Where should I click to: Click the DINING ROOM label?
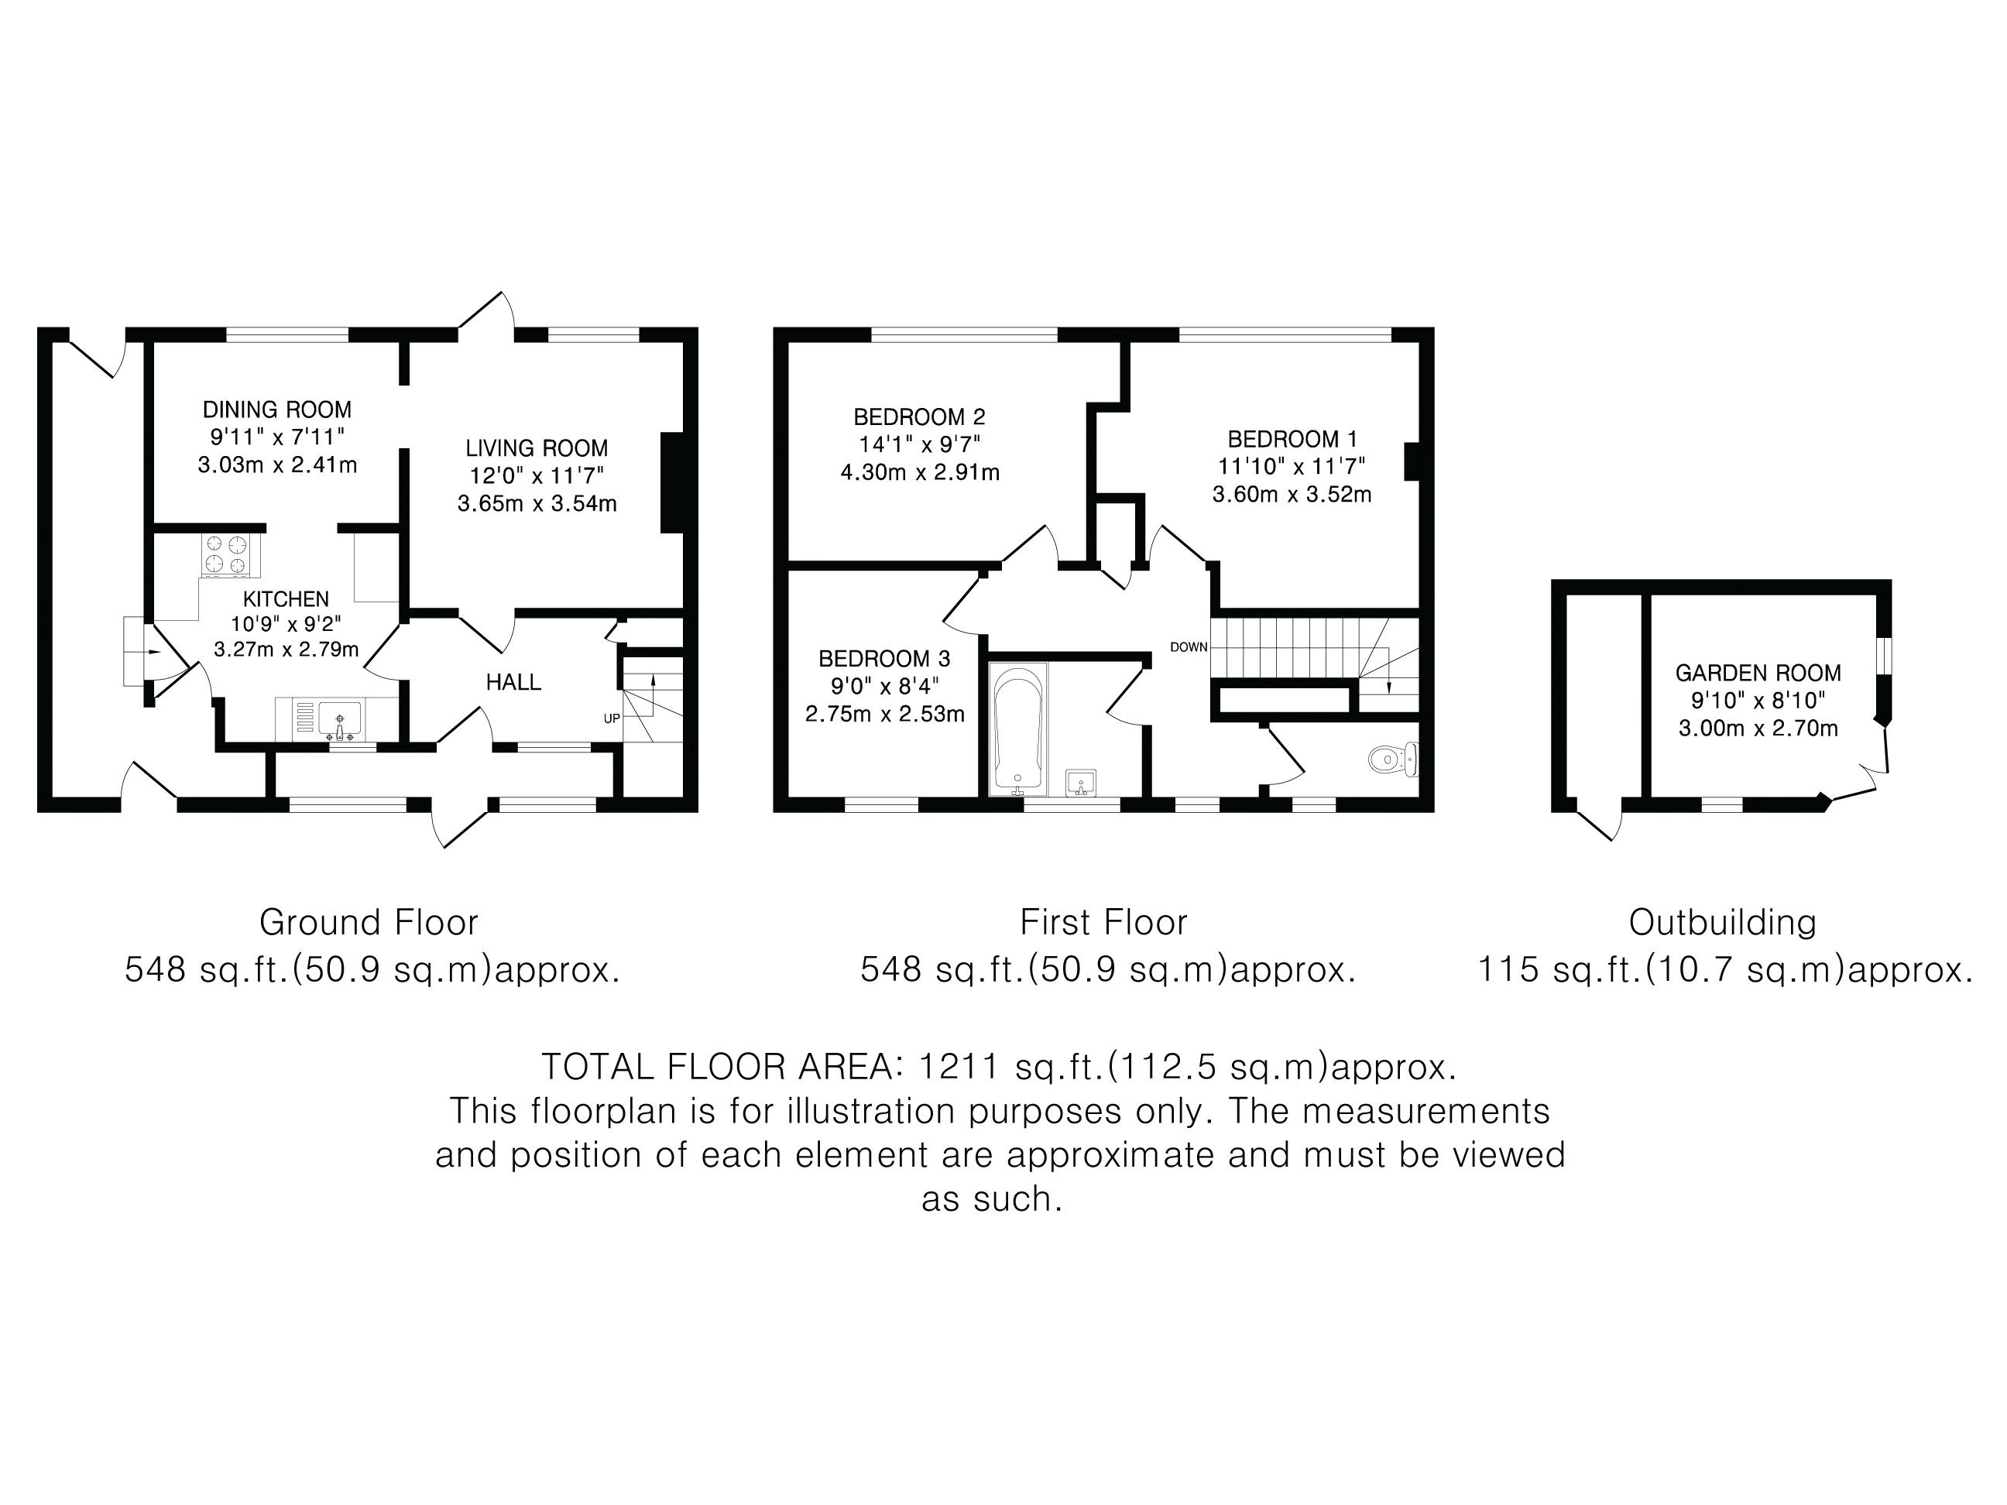[276, 410]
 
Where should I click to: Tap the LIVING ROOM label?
[537, 448]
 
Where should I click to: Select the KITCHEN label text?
[286, 598]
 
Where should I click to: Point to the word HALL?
[513, 682]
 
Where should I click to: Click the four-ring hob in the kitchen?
[227, 555]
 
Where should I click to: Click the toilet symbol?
[1393, 759]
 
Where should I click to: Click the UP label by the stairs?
[612, 718]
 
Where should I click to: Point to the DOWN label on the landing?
[1189, 646]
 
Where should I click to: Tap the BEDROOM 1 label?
[1292, 439]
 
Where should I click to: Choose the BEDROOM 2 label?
[919, 417]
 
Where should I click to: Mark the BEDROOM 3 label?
[884, 659]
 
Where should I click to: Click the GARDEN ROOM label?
[1758, 673]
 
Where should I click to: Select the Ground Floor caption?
[369, 923]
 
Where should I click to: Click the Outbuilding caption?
[1723, 923]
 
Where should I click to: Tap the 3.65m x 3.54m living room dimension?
[537, 503]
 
